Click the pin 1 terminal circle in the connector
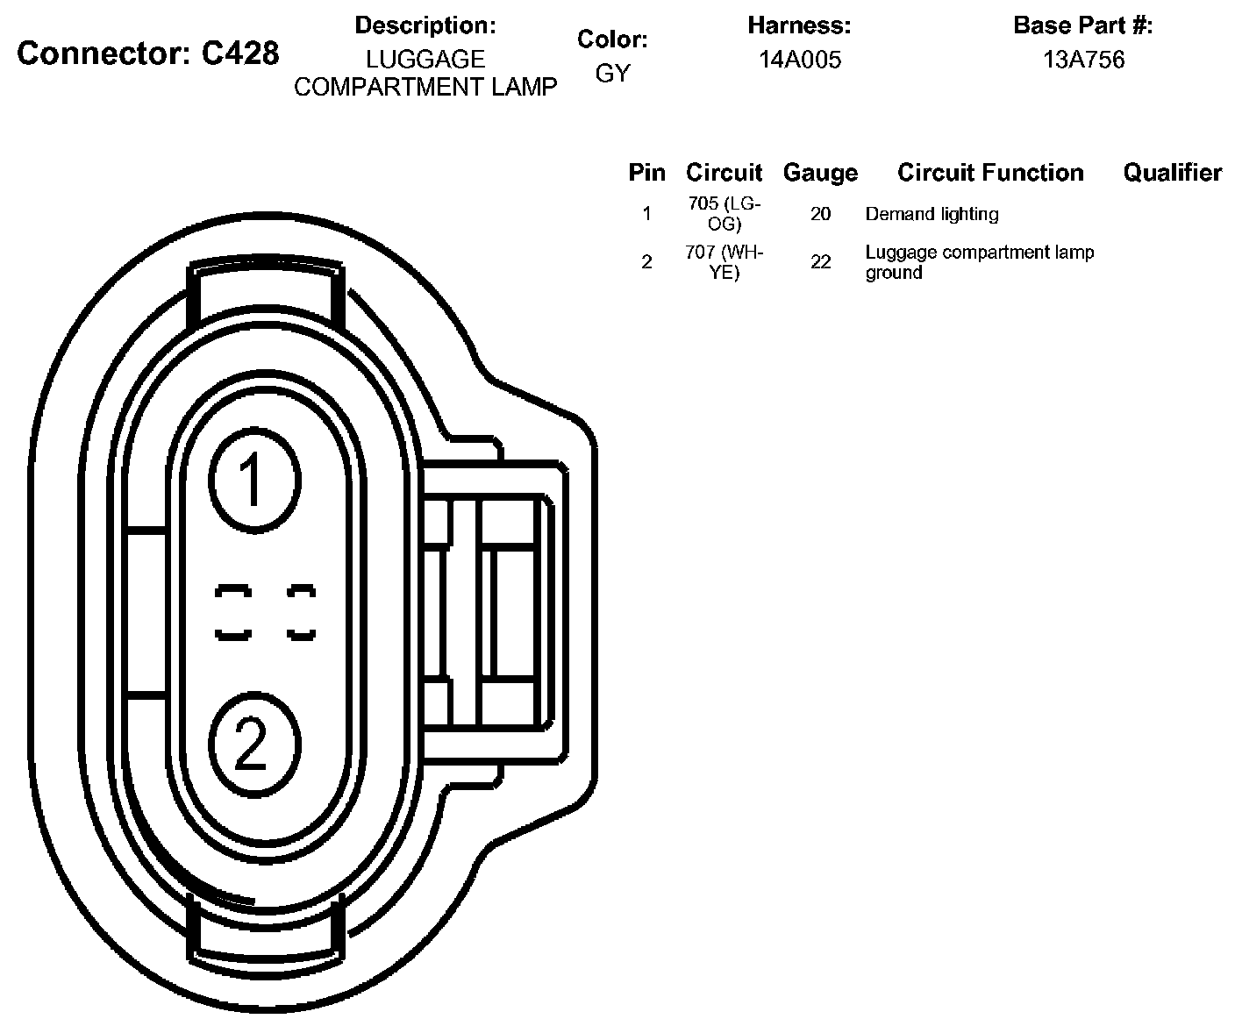click(254, 481)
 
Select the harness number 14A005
click(799, 60)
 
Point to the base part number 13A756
click(1083, 60)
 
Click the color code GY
click(612, 74)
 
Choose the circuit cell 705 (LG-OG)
click(724, 213)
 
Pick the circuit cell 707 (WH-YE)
click(724, 262)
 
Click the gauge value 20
click(820, 214)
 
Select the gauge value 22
click(820, 262)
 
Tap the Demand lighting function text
click(932, 214)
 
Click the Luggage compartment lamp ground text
click(979, 262)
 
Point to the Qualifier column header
click(1172, 173)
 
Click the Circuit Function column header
click(990, 173)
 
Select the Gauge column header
click(820, 173)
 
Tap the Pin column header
click(646, 173)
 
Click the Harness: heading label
click(799, 26)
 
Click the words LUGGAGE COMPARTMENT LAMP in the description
click(425, 73)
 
